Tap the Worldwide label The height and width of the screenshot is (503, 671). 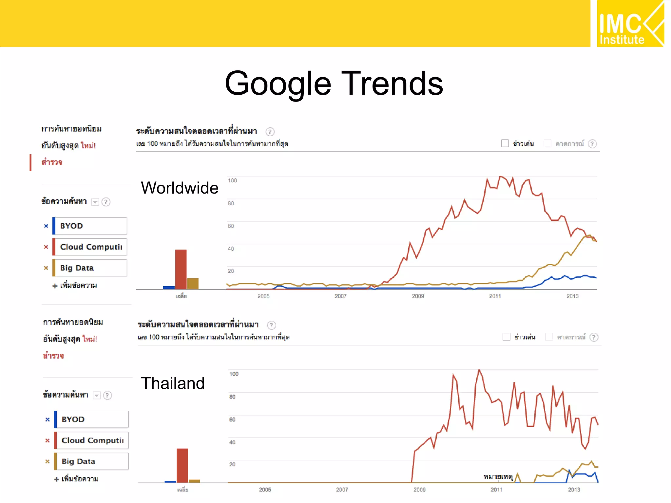pyautogui.click(x=180, y=188)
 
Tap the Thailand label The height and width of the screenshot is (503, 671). pyautogui.click(x=173, y=383)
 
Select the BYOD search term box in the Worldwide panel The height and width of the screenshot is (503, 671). pyautogui.click(x=90, y=226)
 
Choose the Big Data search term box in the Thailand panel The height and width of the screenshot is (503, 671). pyautogui.click(x=92, y=461)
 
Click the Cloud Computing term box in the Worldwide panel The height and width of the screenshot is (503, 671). pyautogui.click(x=90, y=247)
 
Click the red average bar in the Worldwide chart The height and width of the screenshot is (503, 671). pyautogui.click(x=181, y=269)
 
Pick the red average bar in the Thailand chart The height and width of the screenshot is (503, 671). pyautogui.click(x=182, y=465)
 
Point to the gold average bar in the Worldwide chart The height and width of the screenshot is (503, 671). pyautogui.click(x=193, y=284)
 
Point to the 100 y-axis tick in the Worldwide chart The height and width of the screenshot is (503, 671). pyautogui.click(x=232, y=180)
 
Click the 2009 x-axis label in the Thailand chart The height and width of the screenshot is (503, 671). pyautogui.click(x=419, y=490)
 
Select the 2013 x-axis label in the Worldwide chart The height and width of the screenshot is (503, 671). pyautogui.click(x=572, y=296)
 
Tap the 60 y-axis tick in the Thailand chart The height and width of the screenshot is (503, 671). pyautogui.click(x=232, y=419)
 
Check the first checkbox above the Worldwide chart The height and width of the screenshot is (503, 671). pyautogui.click(x=505, y=143)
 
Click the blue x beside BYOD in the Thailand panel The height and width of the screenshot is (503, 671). pyautogui.click(x=48, y=419)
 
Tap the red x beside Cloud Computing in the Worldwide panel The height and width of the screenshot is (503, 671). pyautogui.click(x=46, y=247)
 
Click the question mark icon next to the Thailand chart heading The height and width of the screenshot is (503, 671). pyautogui.click(x=271, y=325)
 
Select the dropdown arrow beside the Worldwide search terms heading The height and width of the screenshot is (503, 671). pyautogui.click(x=95, y=202)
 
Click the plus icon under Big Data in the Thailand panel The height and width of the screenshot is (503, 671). pyautogui.click(x=56, y=479)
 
